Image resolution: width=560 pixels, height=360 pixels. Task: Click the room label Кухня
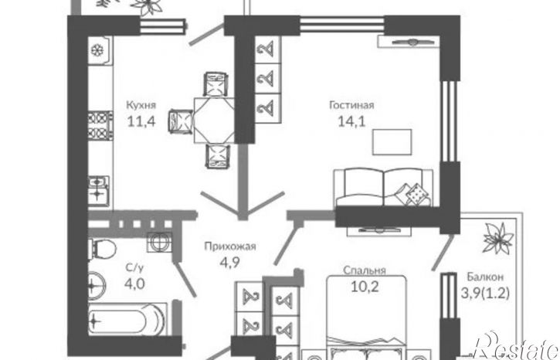point(141,105)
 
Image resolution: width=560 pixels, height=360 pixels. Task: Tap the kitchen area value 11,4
point(141,121)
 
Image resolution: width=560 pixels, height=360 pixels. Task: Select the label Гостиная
point(351,105)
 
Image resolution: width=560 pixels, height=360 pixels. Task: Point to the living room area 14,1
point(351,121)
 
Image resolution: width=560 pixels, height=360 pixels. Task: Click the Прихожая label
point(230,246)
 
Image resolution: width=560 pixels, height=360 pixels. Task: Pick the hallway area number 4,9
point(229,263)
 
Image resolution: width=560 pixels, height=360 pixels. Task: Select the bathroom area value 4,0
point(134,284)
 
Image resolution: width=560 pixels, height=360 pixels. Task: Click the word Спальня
point(365,270)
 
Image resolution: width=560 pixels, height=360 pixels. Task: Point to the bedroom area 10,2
point(365,287)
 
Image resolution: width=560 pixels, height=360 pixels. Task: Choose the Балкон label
point(485,277)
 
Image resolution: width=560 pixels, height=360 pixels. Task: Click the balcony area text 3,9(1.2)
point(485,294)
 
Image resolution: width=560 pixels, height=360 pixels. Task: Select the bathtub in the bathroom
point(127,320)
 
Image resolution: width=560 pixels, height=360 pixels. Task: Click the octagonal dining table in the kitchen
point(214,121)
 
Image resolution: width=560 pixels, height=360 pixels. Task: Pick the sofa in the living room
point(383,188)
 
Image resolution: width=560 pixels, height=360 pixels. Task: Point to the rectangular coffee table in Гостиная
point(392,142)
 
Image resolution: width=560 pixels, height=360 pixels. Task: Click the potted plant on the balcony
point(498,238)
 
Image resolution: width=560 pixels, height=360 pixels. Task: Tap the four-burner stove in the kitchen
point(100,125)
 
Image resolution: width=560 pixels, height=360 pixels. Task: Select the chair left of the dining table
point(181,121)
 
